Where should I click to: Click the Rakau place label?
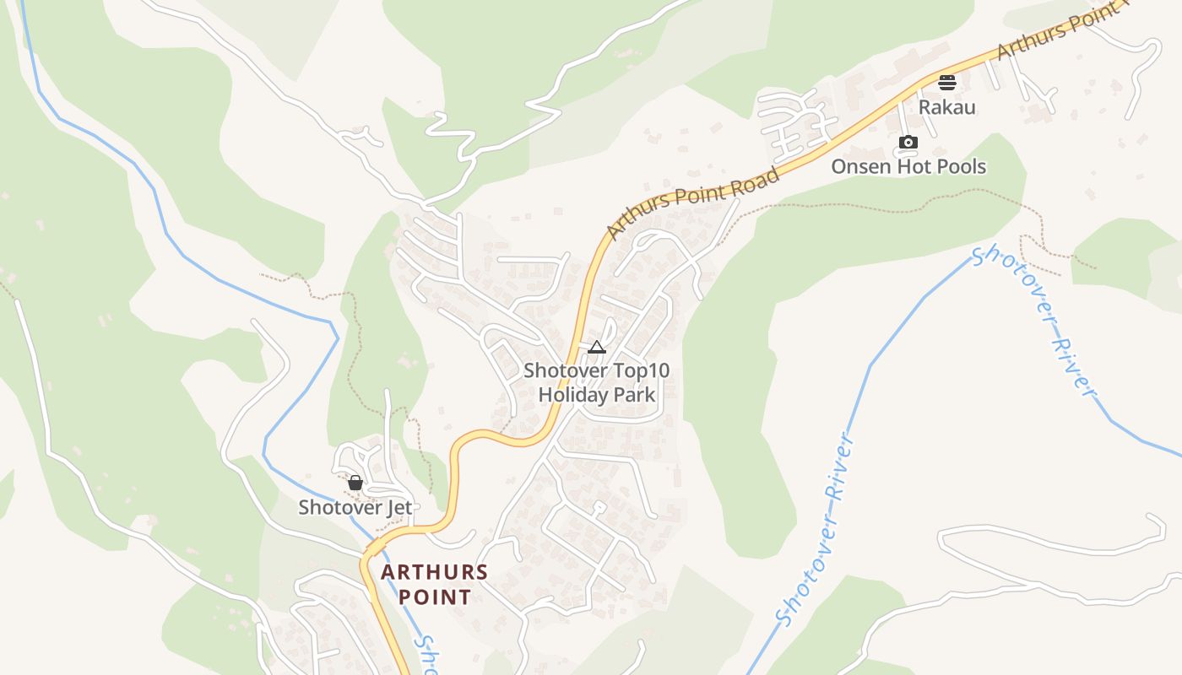tap(946, 107)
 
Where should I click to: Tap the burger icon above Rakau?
tap(946, 83)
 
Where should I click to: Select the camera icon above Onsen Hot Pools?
tap(908, 142)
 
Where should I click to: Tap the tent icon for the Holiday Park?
tap(597, 347)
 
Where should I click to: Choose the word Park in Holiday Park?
tap(637, 394)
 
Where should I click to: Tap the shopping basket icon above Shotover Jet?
tap(355, 483)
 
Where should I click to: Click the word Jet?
tap(399, 507)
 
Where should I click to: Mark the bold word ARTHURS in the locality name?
tap(434, 572)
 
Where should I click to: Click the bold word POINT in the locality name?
tap(434, 597)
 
